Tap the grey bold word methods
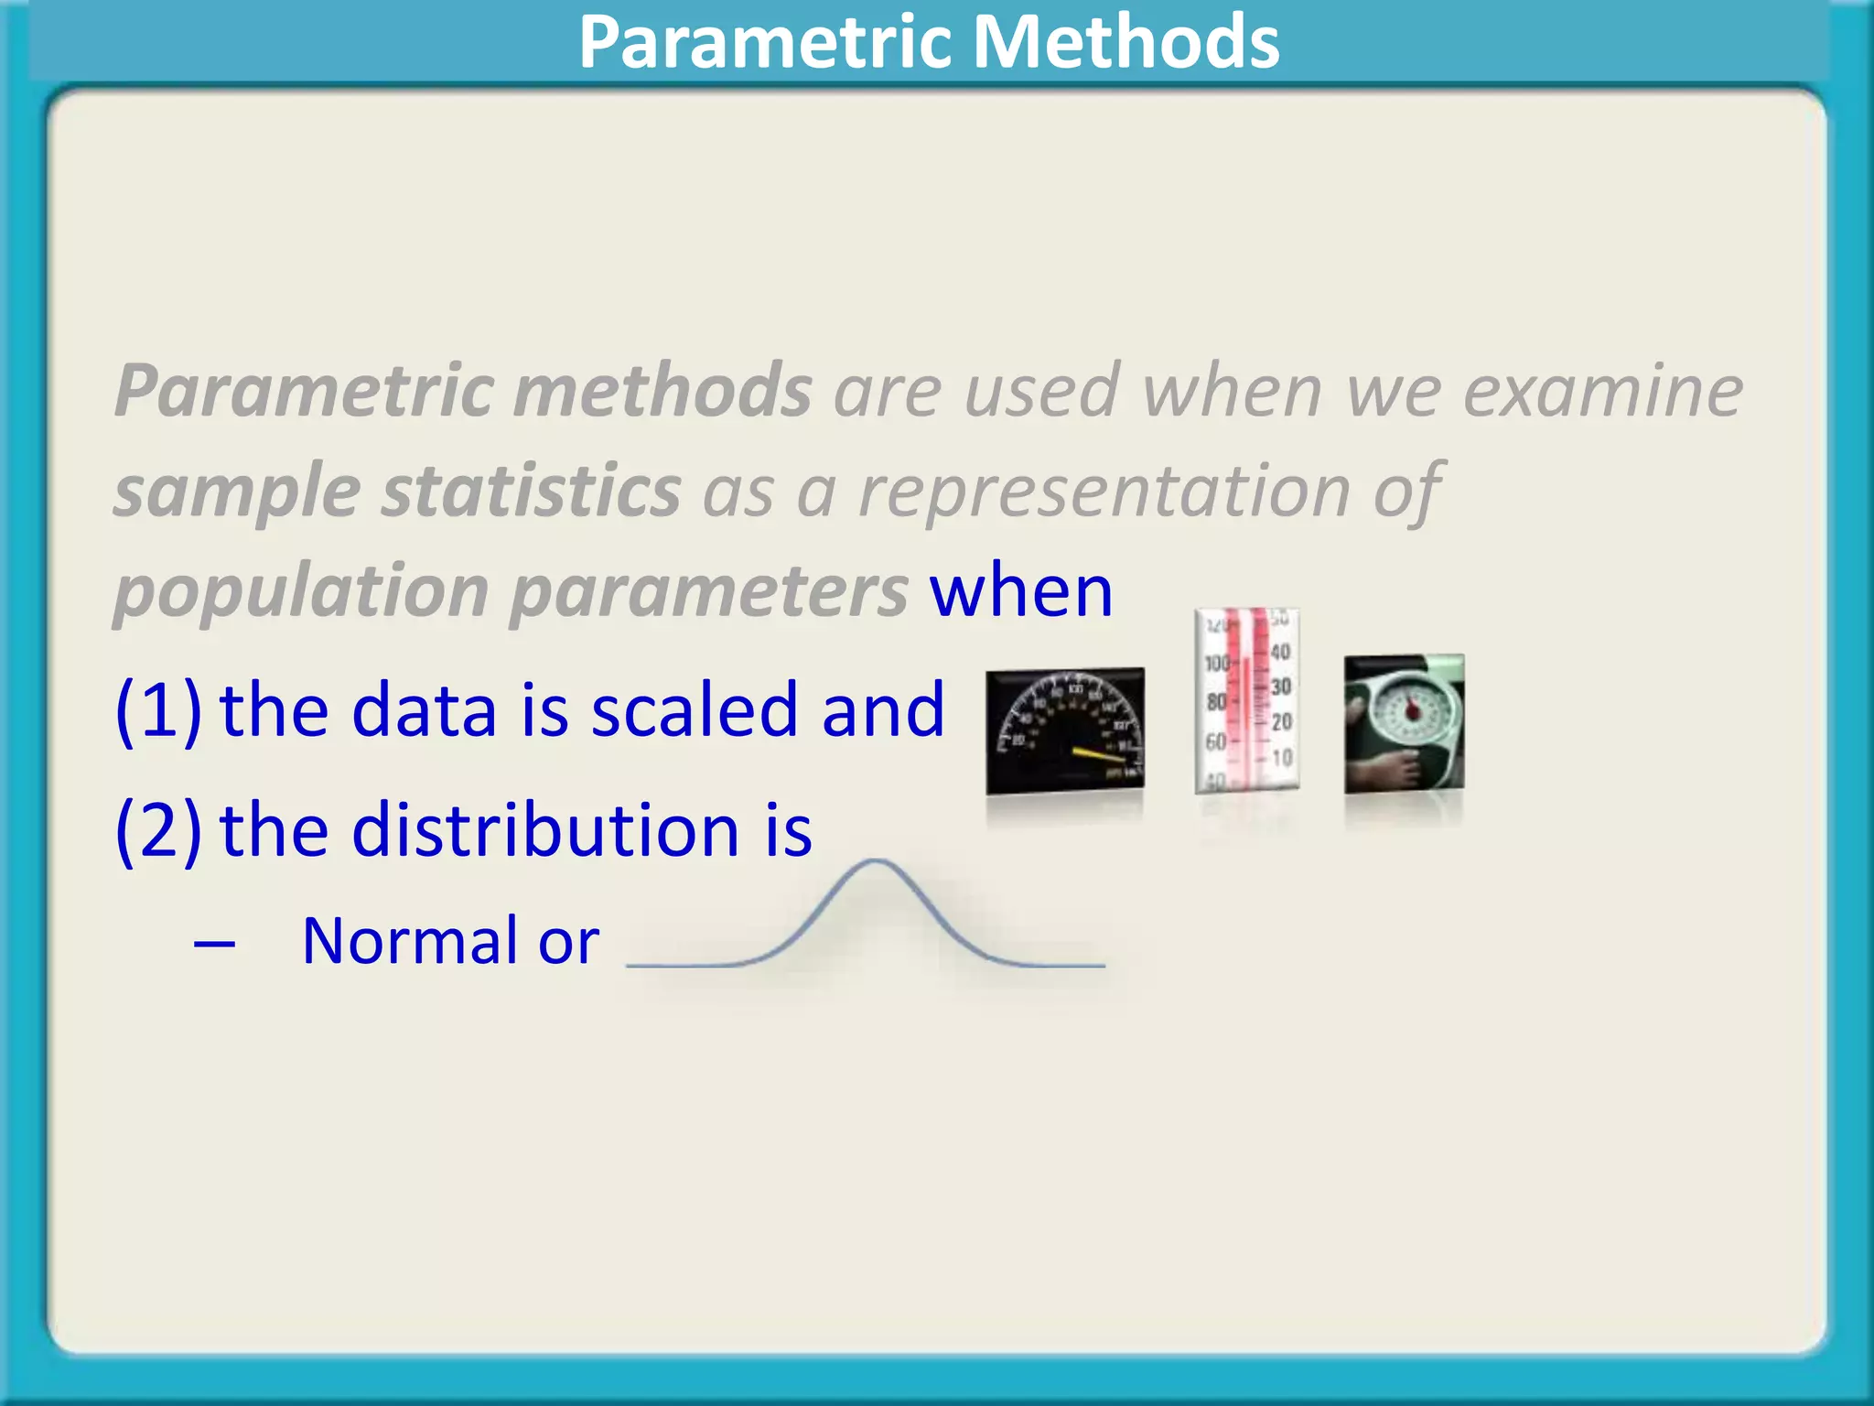point(662,391)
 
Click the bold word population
point(301,593)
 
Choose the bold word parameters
point(708,593)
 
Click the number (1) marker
point(157,710)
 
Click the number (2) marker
point(157,829)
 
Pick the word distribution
point(545,829)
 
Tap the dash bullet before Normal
point(214,943)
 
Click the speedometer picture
point(1064,730)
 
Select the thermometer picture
point(1246,700)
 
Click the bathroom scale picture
point(1404,723)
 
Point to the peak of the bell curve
point(876,861)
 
